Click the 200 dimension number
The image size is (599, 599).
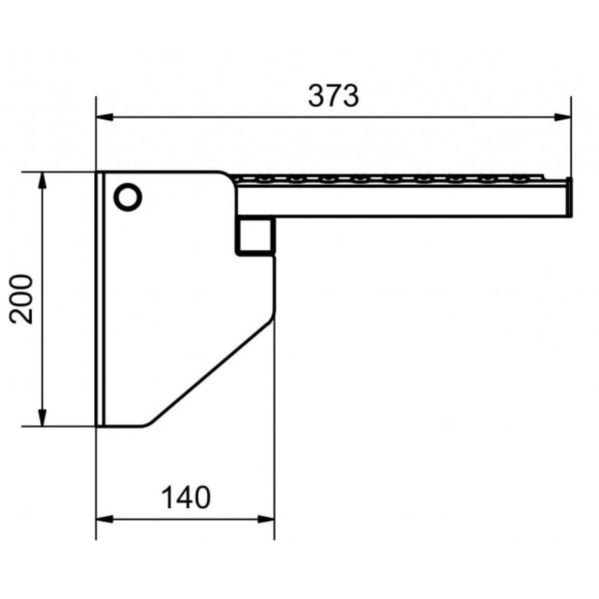pyautogui.click(x=21, y=299)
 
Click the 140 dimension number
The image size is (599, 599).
pyautogui.click(x=186, y=497)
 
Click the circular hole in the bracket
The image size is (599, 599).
pyautogui.click(x=128, y=197)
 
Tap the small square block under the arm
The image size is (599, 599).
pyautogui.click(x=255, y=236)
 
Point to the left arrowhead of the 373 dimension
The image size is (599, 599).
pyautogui.click(x=104, y=117)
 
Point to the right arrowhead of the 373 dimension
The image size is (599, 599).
pyautogui.click(x=562, y=117)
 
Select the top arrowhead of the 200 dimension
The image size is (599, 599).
pyautogui.click(x=43, y=180)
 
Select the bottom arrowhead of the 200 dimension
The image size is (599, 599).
pyautogui.click(x=43, y=417)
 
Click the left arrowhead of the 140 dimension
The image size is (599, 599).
pyautogui.click(x=104, y=519)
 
